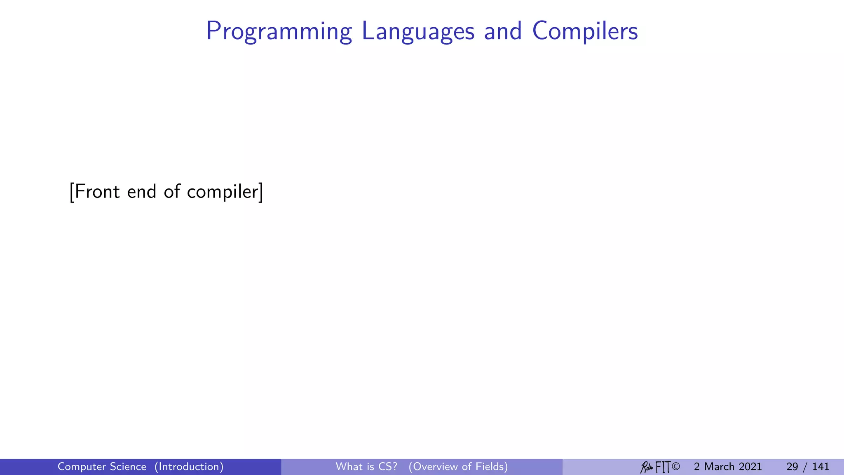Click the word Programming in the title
coord(279,31)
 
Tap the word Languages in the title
coord(418,31)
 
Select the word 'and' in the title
coord(503,31)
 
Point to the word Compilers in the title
coord(585,31)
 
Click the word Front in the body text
coord(98,192)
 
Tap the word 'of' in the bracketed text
coord(172,192)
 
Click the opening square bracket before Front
coord(72,192)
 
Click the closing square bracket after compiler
coord(261,192)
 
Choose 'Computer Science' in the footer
coord(102,467)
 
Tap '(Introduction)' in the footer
coord(189,467)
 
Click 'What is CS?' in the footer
coord(366,467)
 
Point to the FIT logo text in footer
coord(663,467)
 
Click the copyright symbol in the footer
coord(675,467)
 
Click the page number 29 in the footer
coord(792,467)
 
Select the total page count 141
coord(821,467)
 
